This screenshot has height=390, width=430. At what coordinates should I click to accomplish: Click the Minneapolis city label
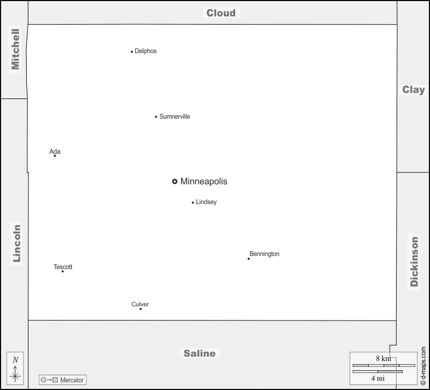[x=204, y=182]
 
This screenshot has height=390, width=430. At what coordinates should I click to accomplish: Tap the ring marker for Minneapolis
[x=175, y=182]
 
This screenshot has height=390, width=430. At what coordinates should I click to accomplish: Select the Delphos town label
[x=146, y=51]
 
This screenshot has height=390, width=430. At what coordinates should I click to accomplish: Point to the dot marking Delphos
[x=132, y=52]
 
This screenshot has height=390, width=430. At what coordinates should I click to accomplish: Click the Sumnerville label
[x=175, y=117]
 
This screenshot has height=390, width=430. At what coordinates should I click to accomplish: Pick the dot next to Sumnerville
[x=156, y=117]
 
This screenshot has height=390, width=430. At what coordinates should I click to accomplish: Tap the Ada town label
[x=55, y=152]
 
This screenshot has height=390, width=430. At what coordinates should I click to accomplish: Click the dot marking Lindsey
[x=193, y=202]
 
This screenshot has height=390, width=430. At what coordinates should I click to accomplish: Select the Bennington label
[x=264, y=254]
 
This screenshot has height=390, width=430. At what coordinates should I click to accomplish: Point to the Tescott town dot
[x=62, y=271]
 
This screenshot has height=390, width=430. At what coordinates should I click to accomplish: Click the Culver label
[x=140, y=304]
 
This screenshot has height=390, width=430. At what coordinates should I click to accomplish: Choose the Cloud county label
[x=221, y=13]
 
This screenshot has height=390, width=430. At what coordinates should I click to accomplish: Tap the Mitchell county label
[x=15, y=49]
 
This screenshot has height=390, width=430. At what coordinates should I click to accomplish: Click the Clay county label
[x=413, y=90]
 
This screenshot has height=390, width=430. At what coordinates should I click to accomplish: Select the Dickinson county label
[x=414, y=261]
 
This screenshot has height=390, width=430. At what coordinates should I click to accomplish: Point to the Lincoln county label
[x=16, y=243]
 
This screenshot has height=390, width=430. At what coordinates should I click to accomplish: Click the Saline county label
[x=200, y=353]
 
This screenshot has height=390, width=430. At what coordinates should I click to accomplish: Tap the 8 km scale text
[x=383, y=358]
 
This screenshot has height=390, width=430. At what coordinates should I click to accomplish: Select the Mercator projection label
[x=72, y=380]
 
